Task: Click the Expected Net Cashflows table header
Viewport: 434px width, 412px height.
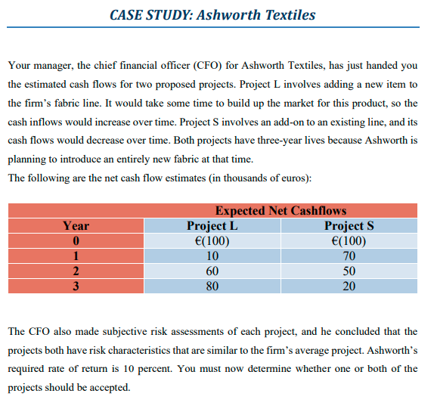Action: tap(281, 211)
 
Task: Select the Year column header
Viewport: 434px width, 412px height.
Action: tap(76, 225)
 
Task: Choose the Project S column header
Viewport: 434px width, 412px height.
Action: tap(349, 225)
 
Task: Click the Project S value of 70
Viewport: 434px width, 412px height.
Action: tap(349, 256)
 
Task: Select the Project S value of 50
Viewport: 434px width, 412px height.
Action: tap(349, 271)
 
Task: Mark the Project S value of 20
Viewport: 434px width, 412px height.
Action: tap(349, 287)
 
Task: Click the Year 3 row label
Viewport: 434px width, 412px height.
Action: tap(76, 287)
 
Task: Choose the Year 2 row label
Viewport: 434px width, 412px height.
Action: tap(76, 271)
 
